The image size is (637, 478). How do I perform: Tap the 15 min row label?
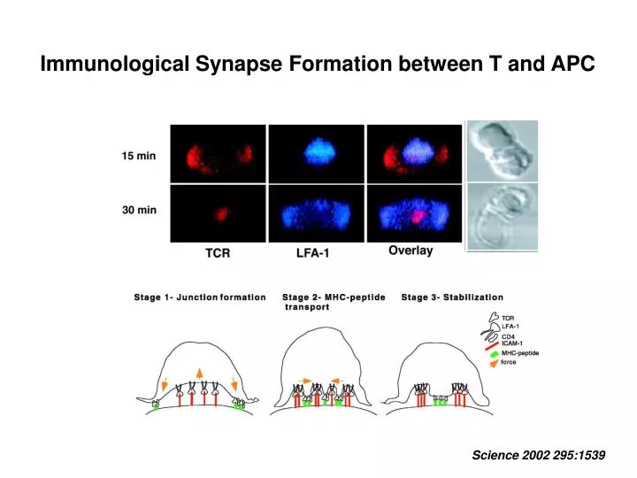coord(139,156)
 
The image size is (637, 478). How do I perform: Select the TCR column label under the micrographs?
coord(218,253)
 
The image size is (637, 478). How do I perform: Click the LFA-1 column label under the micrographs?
coord(316,253)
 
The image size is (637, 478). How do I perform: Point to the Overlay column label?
coord(411,251)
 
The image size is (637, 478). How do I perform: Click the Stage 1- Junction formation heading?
coord(200,297)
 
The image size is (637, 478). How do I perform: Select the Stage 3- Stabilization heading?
coord(452,297)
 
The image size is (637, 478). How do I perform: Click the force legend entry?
coord(508,362)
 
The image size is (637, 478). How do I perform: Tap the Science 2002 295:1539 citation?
coord(539,454)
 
